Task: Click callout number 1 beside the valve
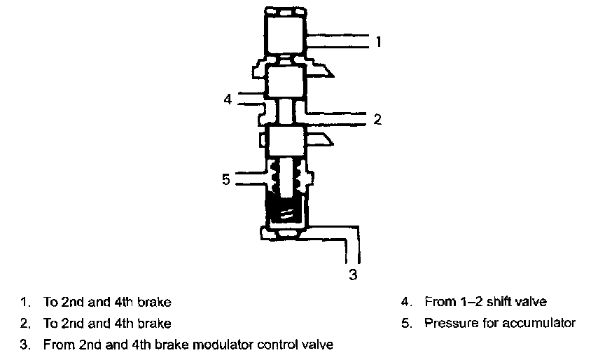[x=378, y=42]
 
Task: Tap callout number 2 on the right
[x=377, y=119]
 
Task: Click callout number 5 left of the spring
[x=225, y=180]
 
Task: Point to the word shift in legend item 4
[x=494, y=302]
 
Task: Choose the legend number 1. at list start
[x=26, y=303]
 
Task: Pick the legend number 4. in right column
[x=406, y=302]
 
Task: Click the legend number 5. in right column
[x=406, y=323]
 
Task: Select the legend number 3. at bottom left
[x=26, y=344]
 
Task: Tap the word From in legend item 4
[x=439, y=302]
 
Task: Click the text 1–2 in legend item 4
[x=468, y=302]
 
